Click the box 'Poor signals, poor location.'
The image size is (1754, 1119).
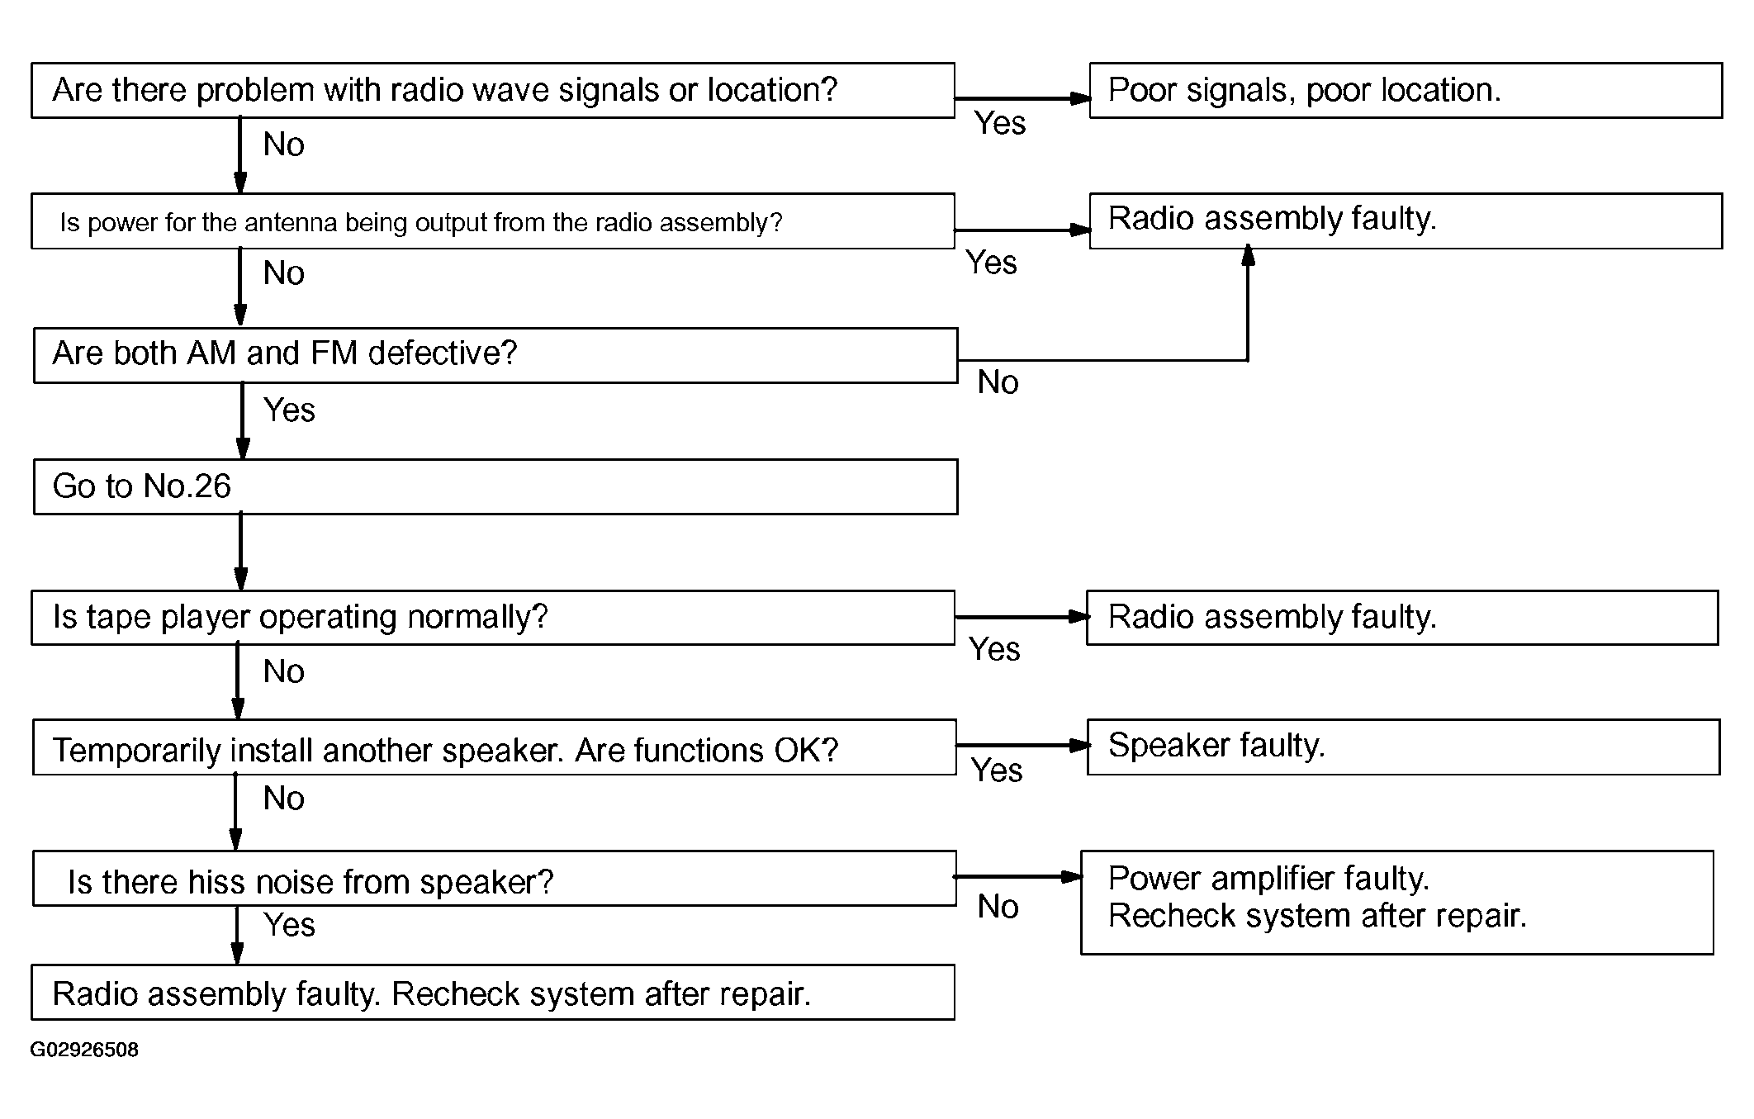click(x=1406, y=90)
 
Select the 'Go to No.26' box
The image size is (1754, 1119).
click(x=495, y=486)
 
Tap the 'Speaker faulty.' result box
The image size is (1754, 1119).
click(x=1403, y=747)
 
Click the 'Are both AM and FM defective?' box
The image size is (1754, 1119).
click(x=495, y=355)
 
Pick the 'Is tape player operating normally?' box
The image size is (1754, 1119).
click(x=493, y=617)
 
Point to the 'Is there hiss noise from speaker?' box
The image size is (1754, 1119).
click(x=495, y=878)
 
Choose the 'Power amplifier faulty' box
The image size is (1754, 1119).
click(x=1397, y=903)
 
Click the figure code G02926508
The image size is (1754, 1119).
click(x=84, y=1050)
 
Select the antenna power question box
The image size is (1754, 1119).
click(x=493, y=221)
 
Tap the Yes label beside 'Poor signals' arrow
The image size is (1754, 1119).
click(x=1000, y=123)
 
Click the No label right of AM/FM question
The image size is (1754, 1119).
click(x=998, y=382)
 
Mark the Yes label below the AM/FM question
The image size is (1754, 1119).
click(x=289, y=410)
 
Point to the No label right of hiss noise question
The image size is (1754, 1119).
click(x=998, y=907)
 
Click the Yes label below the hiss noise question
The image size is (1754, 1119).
click(x=289, y=925)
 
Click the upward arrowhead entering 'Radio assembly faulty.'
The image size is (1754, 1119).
click(x=1248, y=254)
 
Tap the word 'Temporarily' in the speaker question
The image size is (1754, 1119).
click(x=136, y=751)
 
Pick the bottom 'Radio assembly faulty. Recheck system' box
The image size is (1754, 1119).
click(x=493, y=992)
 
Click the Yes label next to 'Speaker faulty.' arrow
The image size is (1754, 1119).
click(x=997, y=770)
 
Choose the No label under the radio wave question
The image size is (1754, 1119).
click(x=283, y=145)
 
